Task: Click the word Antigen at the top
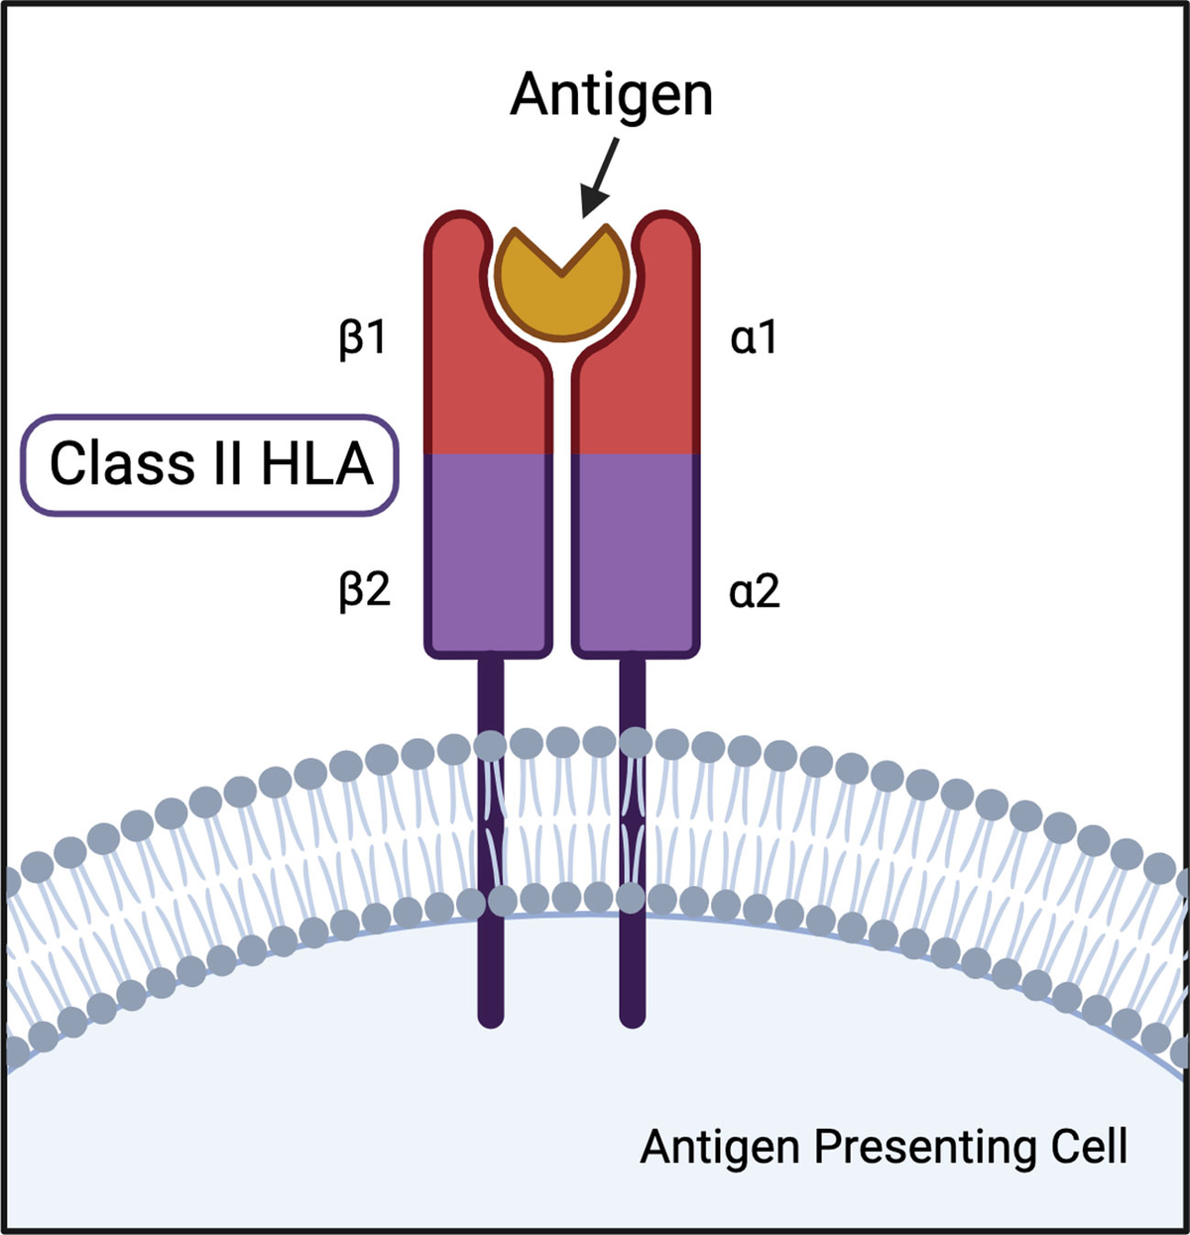click(x=611, y=96)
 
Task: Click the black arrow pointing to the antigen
click(x=600, y=179)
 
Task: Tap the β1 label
click(x=362, y=339)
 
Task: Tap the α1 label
click(x=754, y=339)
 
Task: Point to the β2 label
click(x=364, y=591)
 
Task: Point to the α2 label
click(x=755, y=592)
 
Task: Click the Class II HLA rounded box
click(x=210, y=464)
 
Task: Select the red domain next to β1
click(x=486, y=387)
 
